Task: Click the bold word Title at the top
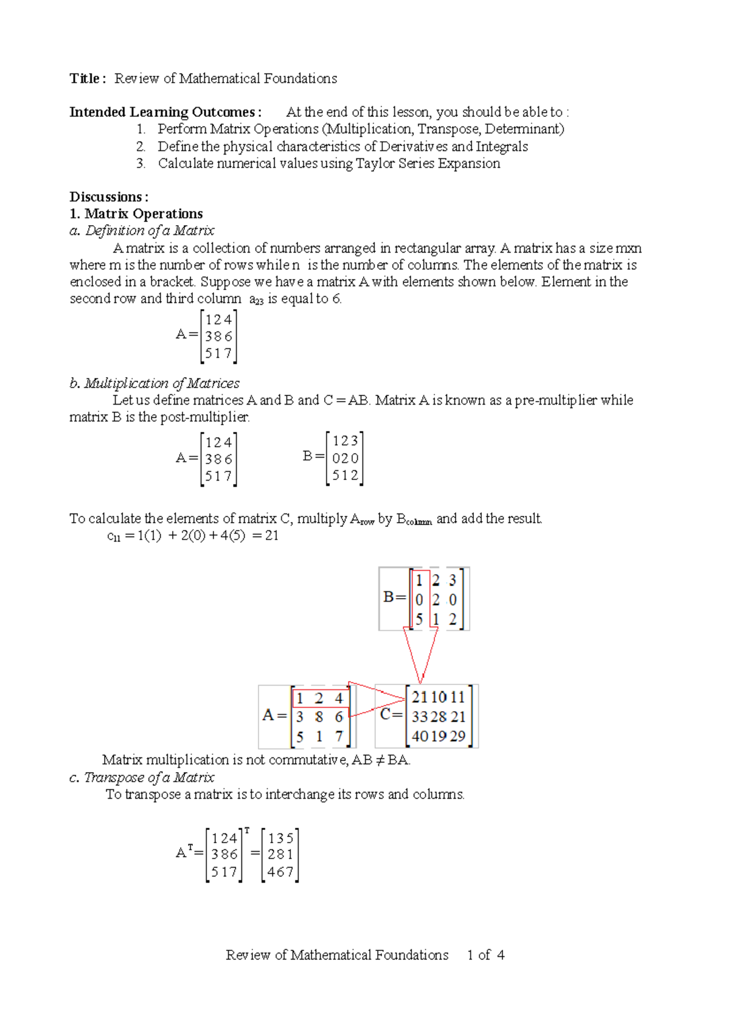85,78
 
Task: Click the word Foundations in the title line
301,78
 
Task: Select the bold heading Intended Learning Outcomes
165,112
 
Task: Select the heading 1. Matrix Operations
136,214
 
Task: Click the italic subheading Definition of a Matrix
150,231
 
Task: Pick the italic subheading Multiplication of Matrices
161,383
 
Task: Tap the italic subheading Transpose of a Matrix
149,777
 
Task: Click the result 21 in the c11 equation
271,536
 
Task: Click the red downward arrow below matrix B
420,655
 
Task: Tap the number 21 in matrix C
419,697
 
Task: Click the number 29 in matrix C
457,736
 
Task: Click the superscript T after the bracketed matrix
247,830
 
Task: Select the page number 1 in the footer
470,955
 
